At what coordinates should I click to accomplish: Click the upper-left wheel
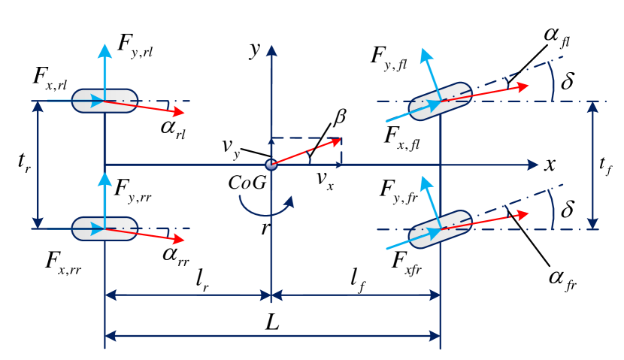coord(105,101)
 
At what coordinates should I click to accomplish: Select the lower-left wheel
coord(105,228)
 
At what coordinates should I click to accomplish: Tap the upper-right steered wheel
coord(440,101)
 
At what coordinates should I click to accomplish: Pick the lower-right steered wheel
coord(440,229)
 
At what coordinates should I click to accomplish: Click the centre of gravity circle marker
coord(271,165)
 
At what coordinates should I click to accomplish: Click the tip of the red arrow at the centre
coord(340,139)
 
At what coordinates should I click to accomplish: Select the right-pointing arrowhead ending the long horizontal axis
coord(535,165)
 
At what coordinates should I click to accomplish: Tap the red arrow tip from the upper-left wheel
coord(181,113)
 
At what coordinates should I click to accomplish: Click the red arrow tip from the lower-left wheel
coord(181,240)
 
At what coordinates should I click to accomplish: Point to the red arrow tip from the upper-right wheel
coord(526,86)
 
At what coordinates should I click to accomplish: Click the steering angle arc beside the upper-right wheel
coord(552,81)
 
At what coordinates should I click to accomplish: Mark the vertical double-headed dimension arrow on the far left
coord(38,165)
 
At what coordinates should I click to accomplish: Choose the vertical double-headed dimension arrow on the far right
coord(592,165)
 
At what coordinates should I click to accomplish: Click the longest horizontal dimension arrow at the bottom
coord(272,336)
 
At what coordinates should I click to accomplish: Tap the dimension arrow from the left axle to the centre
coord(188,295)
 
